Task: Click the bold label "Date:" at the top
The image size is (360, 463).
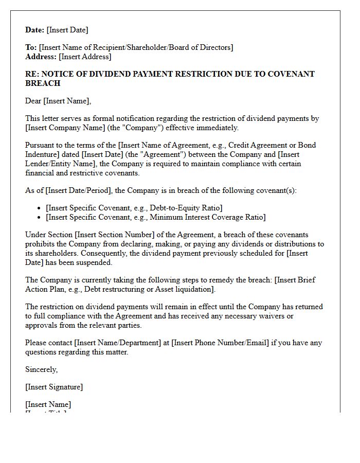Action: [x=35, y=30]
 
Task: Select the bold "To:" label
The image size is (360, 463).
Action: [x=31, y=47]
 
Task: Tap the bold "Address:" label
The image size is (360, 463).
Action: [x=41, y=57]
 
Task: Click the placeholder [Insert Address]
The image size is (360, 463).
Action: [x=85, y=57]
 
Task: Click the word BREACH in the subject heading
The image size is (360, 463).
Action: [x=43, y=83]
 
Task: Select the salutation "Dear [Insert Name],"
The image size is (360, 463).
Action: [x=58, y=101]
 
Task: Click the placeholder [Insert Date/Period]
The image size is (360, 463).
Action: [x=78, y=190]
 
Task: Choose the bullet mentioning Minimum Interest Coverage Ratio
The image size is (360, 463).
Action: [x=155, y=217]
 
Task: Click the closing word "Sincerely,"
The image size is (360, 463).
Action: [x=42, y=369]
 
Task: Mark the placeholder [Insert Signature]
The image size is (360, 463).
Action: [x=54, y=387]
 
